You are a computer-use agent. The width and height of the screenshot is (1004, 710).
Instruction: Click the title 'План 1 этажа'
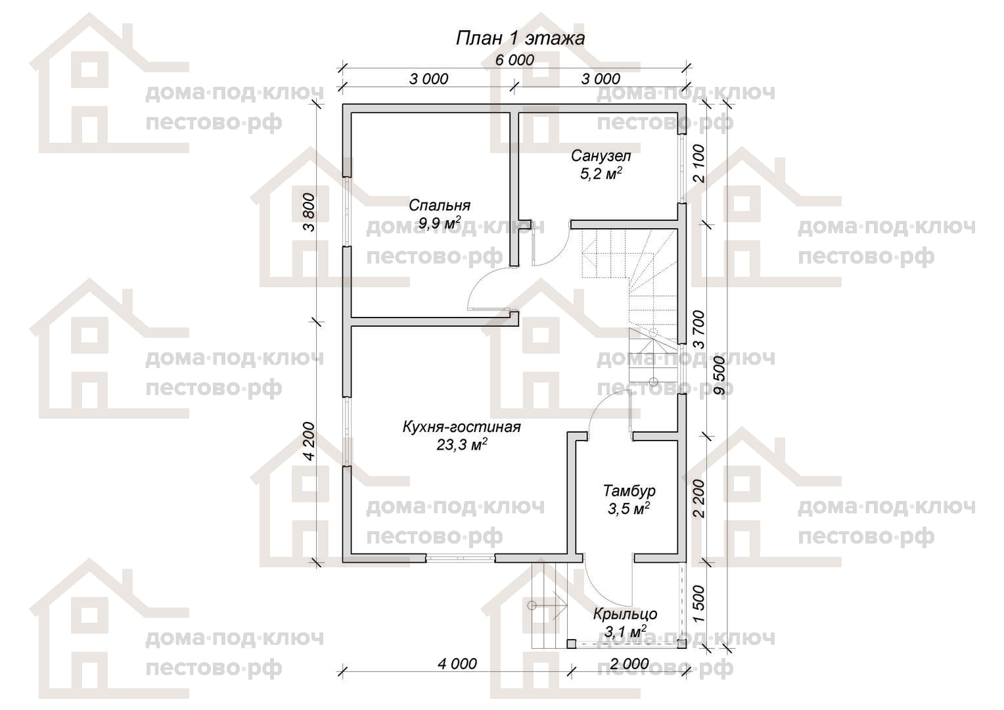coord(520,39)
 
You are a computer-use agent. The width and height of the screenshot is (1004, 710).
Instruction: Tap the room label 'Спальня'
coord(440,205)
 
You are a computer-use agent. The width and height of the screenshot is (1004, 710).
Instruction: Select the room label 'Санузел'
coord(601,156)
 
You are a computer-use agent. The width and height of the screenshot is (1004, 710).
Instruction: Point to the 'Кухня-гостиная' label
coord(462,427)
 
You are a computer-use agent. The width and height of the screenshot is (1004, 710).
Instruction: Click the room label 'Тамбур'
coord(629,490)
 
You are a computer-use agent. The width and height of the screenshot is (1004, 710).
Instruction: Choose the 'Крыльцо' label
coord(626,613)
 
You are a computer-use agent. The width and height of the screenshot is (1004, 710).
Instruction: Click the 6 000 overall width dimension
coord(514,60)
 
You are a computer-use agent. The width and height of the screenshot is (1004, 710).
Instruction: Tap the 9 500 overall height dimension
coord(719,375)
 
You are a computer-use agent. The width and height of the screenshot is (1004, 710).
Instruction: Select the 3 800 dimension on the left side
coord(309,212)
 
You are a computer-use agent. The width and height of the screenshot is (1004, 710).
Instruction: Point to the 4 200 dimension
coord(309,441)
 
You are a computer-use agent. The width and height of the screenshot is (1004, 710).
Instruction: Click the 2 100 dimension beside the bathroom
coord(698,163)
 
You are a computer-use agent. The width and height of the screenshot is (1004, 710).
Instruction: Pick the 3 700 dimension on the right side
coord(698,329)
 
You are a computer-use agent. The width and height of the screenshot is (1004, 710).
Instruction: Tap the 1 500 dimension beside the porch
coord(698,603)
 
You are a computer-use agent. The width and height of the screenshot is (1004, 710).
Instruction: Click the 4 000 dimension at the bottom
coord(457,663)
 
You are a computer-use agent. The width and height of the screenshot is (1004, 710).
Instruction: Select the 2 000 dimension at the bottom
coord(629,663)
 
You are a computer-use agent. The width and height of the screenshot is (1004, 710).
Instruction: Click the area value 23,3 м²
coord(462,444)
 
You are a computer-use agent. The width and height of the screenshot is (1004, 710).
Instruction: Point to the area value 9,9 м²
coord(440,222)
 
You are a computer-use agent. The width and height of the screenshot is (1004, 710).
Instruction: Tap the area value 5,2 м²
coord(601,173)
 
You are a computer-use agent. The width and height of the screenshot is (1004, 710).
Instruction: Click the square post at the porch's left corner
coord(571,644)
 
